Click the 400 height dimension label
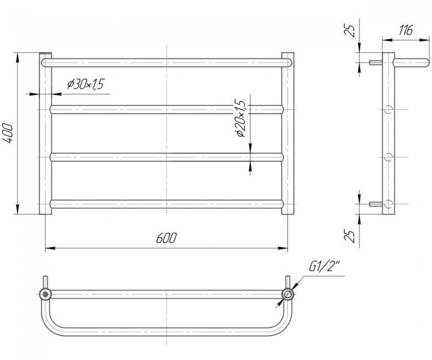[9, 133]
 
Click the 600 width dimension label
[166, 238]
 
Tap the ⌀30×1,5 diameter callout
[85, 84]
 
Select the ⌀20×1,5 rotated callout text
[240, 118]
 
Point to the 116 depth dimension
[405, 30]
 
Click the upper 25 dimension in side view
[349, 31]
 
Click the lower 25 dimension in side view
[349, 235]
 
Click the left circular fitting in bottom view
[45, 294]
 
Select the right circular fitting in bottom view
[287, 294]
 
